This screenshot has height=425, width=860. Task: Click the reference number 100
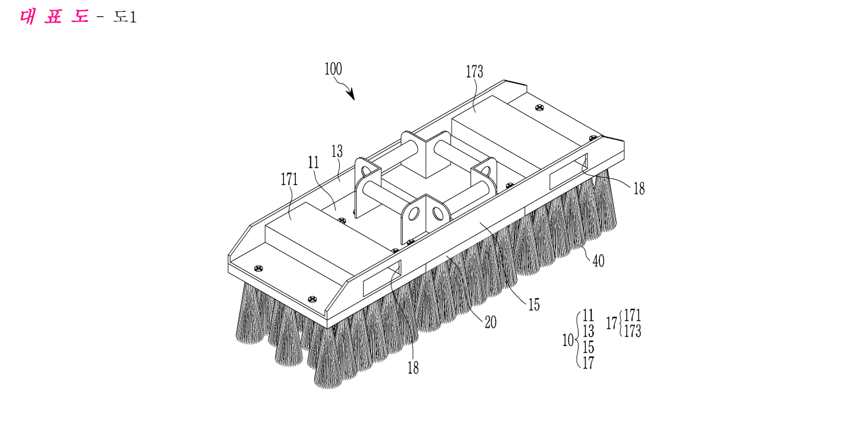click(333, 69)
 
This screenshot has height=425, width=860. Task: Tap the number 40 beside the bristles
click(598, 261)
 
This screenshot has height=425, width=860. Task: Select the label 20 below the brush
click(490, 322)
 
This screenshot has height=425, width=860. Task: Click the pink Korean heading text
click(54, 17)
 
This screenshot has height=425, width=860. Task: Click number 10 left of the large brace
click(568, 340)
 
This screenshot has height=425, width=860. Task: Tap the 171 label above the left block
click(289, 179)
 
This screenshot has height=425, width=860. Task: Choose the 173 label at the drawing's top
click(474, 72)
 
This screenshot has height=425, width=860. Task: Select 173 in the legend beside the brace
click(633, 331)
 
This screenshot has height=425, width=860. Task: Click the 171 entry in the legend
click(633, 315)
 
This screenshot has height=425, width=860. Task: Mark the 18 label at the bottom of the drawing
click(413, 368)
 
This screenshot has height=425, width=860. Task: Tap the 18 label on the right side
click(639, 188)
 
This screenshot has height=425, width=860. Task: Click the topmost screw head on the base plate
click(540, 108)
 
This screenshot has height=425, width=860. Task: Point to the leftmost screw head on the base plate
click(259, 268)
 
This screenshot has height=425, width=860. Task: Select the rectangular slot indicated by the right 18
click(569, 171)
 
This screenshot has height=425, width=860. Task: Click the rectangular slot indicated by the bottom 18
click(382, 278)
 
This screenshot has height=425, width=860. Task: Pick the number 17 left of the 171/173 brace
click(612, 323)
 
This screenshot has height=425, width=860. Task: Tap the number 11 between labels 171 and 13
click(313, 163)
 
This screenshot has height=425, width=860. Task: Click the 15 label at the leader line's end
click(534, 304)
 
